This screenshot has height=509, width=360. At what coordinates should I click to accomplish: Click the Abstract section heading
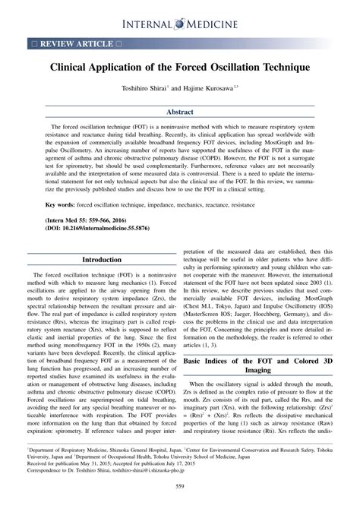pos(179,111)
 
